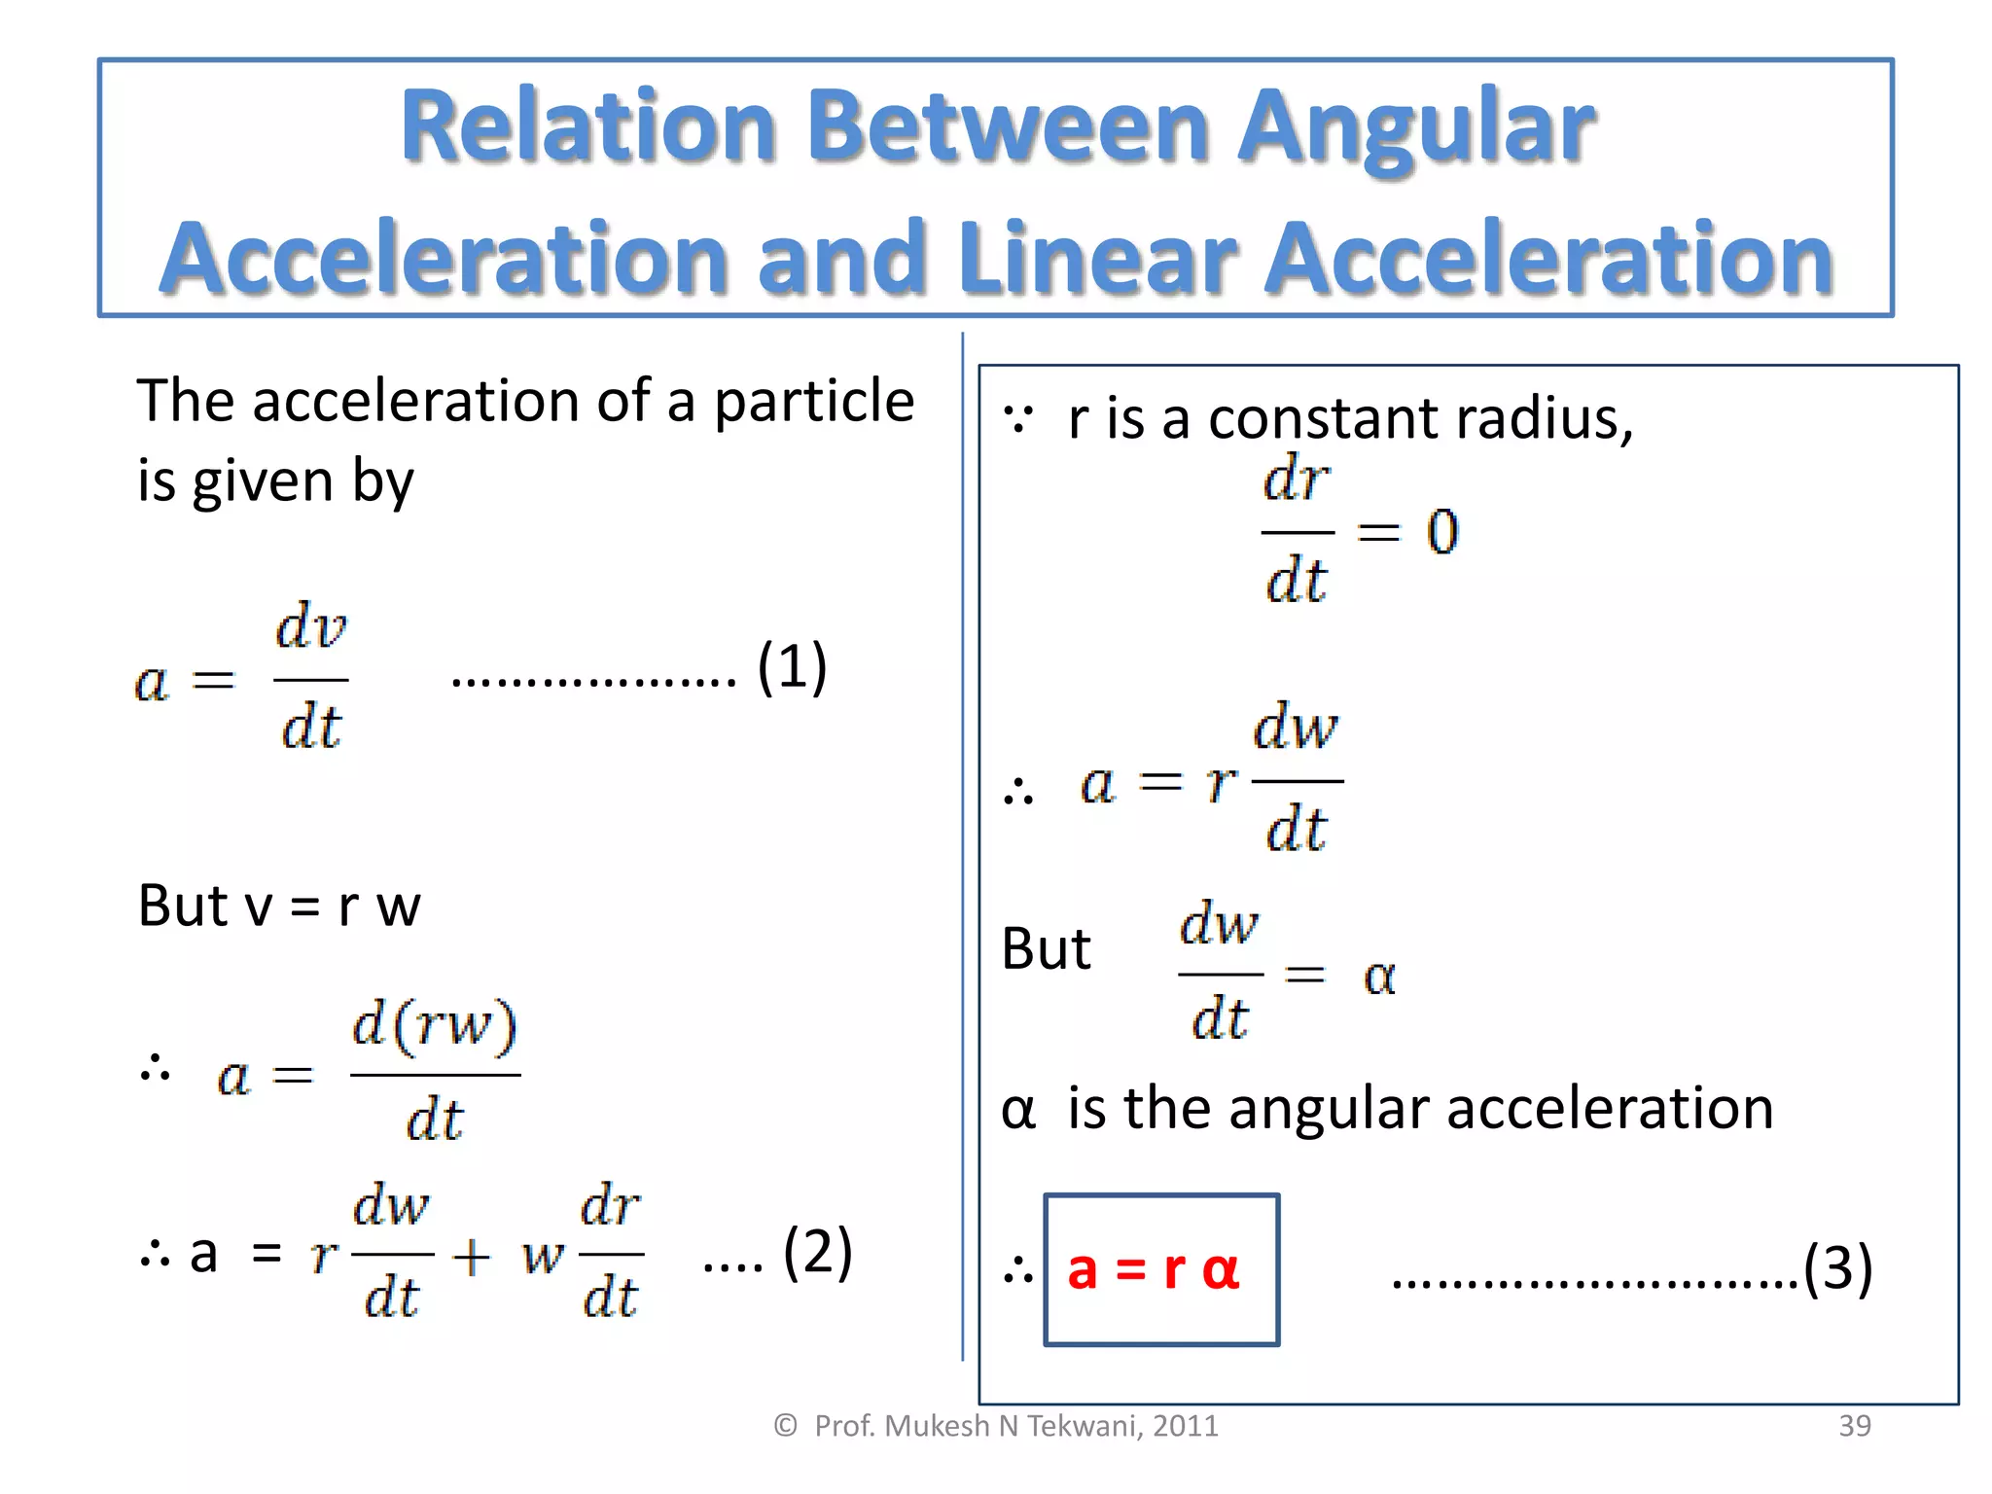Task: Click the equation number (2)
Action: click(817, 1253)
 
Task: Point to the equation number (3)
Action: click(1837, 1268)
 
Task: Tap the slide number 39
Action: click(1854, 1426)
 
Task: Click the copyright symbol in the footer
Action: click(785, 1426)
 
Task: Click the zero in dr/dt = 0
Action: click(1442, 532)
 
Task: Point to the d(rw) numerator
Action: click(435, 1025)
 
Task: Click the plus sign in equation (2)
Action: click(472, 1256)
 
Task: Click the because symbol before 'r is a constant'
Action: click(1017, 420)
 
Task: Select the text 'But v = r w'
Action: click(279, 907)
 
